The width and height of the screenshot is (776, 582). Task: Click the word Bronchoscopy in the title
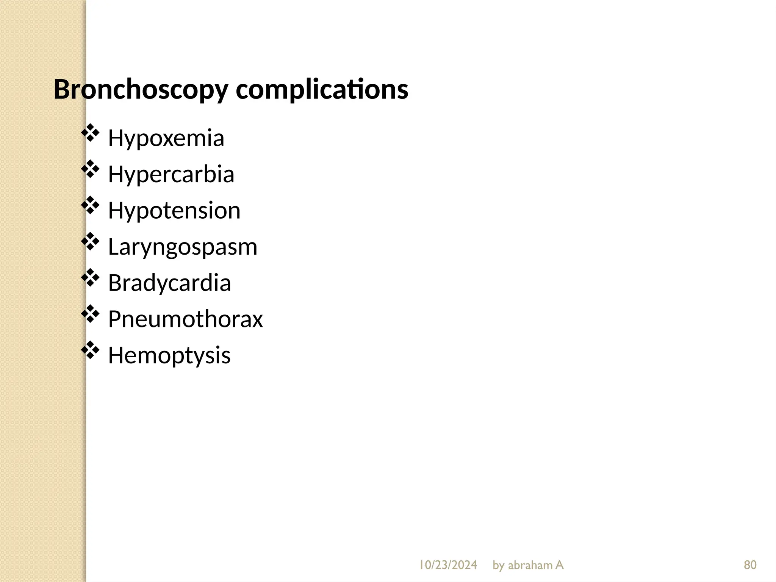(x=141, y=90)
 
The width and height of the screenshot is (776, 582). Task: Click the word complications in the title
(x=322, y=90)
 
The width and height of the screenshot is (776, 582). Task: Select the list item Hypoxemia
(x=166, y=138)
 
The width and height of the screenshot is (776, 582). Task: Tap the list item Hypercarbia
(x=171, y=174)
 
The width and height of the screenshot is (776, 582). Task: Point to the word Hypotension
(x=174, y=210)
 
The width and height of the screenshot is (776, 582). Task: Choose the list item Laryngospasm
(x=183, y=247)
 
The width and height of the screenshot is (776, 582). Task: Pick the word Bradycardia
(x=169, y=283)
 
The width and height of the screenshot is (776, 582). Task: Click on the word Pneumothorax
(x=185, y=319)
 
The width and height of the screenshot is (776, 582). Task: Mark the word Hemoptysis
(x=169, y=355)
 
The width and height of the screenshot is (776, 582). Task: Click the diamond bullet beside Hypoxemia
(x=90, y=133)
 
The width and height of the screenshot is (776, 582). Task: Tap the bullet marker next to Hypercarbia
(x=90, y=169)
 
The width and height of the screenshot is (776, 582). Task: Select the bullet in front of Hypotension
(x=90, y=205)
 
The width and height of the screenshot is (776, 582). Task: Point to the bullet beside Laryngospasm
(x=90, y=241)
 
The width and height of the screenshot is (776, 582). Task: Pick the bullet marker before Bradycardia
(x=90, y=278)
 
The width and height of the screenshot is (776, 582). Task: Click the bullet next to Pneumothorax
(x=90, y=314)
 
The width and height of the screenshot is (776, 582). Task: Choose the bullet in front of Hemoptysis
(x=90, y=350)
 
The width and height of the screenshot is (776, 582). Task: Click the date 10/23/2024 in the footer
(x=448, y=565)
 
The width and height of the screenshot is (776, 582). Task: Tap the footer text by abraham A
(x=528, y=565)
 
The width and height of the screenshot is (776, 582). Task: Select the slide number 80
(x=750, y=565)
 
